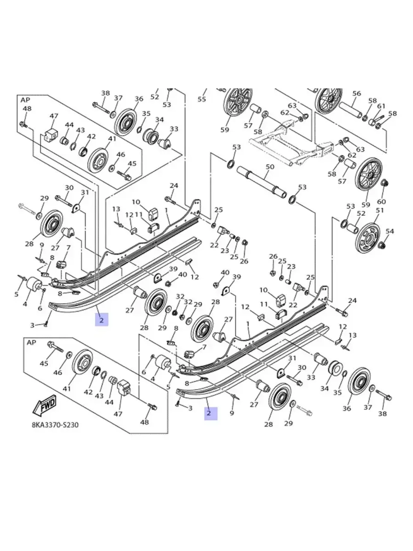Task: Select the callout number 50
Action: [270, 167]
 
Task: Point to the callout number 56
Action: [356, 94]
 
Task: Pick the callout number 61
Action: [381, 106]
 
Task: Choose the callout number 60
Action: [381, 201]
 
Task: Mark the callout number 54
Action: [389, 231]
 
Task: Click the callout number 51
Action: [380, 210]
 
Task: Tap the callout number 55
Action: [202, 99]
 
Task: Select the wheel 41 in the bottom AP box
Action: [81, 363]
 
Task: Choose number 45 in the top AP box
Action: [132, 164]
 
